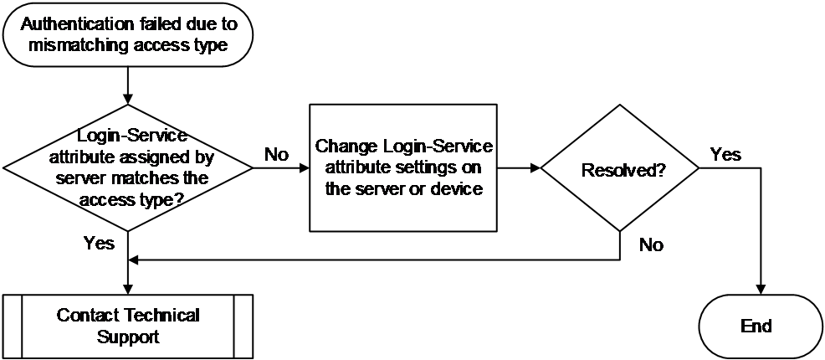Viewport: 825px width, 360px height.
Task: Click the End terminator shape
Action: (x=761, y=327)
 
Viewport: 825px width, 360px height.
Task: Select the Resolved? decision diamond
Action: (x=620, y=168)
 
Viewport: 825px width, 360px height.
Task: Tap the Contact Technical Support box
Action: (x=128, y=327)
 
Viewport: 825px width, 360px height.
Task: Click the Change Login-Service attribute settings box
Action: (x=403, y=168)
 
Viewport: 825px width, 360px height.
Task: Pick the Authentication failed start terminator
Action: (x=128, y=34)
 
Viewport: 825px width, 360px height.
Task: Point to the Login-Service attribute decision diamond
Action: (x=128, y=168)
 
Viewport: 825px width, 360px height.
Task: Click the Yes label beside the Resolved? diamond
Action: (x=725, y=155)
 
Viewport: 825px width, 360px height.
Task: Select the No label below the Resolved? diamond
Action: (x=651, y=244)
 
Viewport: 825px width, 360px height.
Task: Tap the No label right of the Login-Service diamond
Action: (x=277, y=155)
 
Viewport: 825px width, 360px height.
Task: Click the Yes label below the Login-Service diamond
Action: (x=99, y=243)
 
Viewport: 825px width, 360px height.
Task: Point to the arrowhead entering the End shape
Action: (x=761, y=289)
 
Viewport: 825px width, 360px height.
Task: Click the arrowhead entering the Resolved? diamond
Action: (x=535, y=168)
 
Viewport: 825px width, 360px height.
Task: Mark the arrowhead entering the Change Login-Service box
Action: (x=304, y=168)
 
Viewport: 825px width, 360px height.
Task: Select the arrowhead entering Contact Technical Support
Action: (x=128, y=289)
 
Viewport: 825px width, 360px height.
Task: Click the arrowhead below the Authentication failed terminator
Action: (x=128, y=99)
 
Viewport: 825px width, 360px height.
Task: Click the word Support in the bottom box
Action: (x=128, y=337)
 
